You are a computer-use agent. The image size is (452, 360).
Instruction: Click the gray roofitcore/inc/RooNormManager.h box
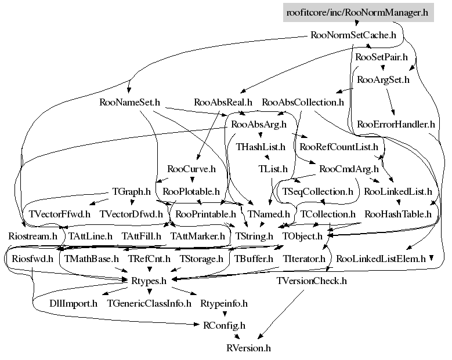359,12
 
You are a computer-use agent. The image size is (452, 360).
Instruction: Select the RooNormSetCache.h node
353,35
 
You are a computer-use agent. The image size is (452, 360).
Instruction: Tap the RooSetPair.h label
381,57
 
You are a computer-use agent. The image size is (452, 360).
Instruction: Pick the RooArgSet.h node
383,79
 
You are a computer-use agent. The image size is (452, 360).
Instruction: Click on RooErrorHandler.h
396,125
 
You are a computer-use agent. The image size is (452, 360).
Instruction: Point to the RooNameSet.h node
129,102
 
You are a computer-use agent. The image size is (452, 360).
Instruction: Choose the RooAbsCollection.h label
303,102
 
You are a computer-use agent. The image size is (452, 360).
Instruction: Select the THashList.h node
261,147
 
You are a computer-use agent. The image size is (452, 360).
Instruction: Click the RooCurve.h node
191,169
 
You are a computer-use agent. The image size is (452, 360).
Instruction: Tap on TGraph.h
131,191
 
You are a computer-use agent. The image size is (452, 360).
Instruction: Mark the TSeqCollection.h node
317,191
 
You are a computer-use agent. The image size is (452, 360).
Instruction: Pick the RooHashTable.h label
398,214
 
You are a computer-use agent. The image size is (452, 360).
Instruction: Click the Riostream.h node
33,236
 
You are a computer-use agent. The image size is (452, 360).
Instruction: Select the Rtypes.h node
149,281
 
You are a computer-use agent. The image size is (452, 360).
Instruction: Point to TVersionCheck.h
312,281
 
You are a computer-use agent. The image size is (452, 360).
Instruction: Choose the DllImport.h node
73,304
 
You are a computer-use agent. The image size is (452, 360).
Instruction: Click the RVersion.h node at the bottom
248,348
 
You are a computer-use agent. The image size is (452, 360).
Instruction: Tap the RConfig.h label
225,326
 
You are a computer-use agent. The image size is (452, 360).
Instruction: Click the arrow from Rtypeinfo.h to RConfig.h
225,313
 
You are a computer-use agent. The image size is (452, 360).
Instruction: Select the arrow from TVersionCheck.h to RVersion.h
281,314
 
